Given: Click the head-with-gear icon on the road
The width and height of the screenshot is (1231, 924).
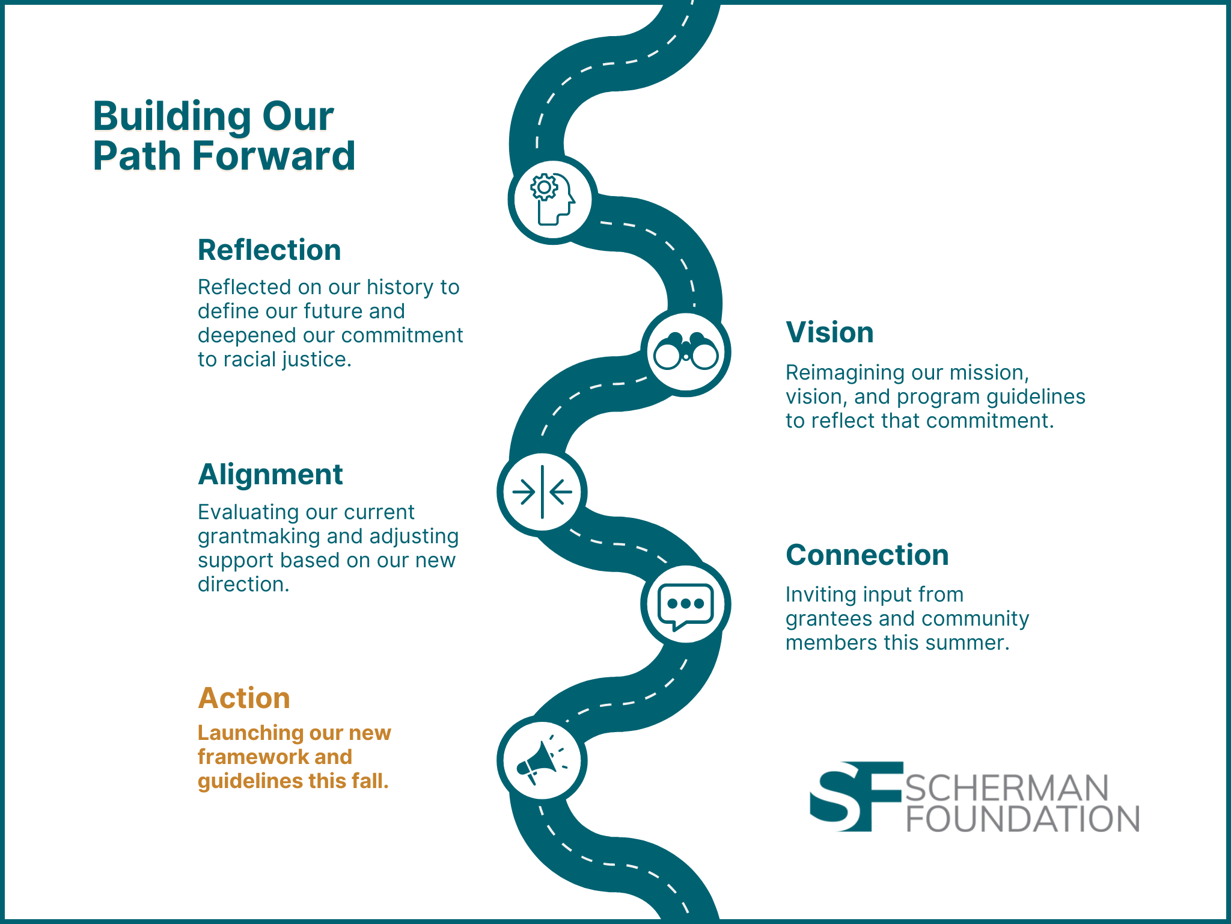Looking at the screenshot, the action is (x=552, y=199).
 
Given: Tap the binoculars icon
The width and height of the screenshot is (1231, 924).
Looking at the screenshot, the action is (x=686, y=352).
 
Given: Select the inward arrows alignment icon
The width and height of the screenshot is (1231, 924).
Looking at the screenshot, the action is (x=542, y=491).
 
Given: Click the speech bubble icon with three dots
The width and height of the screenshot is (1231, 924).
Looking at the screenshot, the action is (x=686, y=605).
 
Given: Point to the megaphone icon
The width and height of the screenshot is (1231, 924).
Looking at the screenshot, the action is (x=542, y=760).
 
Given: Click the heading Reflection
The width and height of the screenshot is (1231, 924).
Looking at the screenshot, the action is (x=269, y=250).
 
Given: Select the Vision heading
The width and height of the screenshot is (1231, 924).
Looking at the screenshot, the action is (x=829, y=332).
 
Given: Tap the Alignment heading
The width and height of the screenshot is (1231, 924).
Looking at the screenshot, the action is (x=270, y=475).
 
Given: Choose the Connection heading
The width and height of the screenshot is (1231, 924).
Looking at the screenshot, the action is (x=867, y=555).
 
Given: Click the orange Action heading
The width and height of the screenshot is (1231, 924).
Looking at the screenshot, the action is (x=244, y=698).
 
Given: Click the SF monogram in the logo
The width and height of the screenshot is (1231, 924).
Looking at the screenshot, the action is (x=856, y=796).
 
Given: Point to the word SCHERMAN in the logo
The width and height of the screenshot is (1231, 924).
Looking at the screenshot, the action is (x=1007, y=787).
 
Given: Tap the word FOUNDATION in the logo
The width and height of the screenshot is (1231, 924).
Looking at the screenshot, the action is (x=1022, y=819).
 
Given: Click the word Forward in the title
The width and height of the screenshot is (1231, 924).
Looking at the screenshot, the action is (x=274, y=156).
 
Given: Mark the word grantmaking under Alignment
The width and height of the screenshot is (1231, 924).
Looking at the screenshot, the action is (x=258, y=537).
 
